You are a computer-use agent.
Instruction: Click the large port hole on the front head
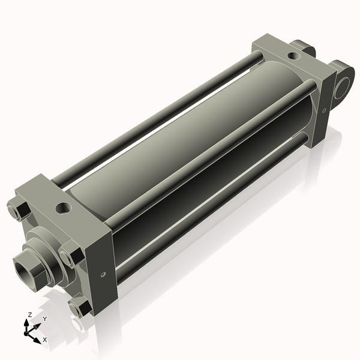[62, 209]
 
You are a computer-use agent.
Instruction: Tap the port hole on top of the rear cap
[292, 56]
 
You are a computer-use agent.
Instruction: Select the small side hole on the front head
[103, 274]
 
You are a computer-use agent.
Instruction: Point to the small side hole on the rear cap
[323, 110]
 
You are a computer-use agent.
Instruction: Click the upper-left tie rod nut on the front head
[18, 210]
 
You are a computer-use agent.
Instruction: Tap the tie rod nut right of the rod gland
[69, 257]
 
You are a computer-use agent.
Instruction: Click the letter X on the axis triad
[45, 340]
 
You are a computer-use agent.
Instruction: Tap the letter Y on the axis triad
[44, 319]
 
